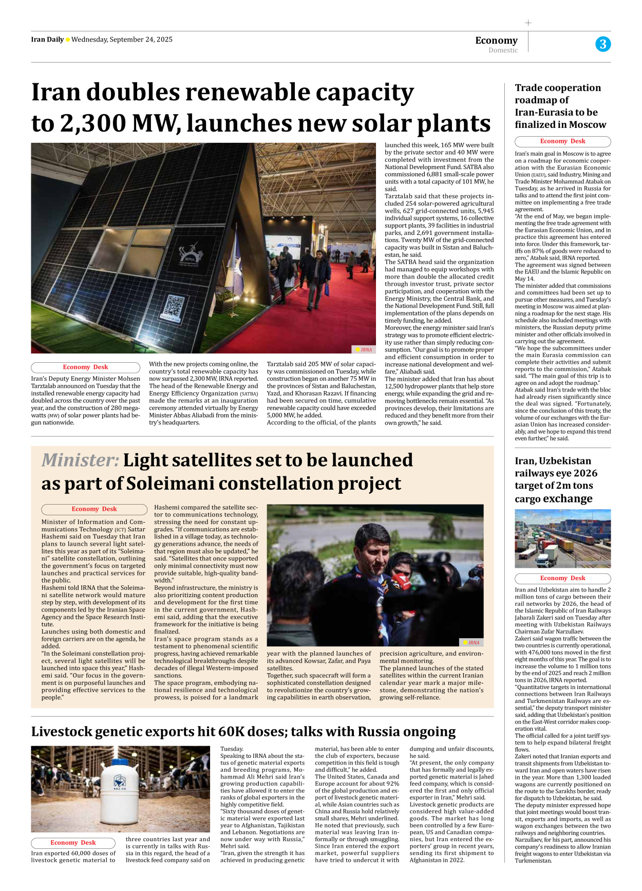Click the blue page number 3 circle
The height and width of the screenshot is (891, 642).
[x=603, y=44]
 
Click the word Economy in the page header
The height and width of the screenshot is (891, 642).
[x=496, y=40]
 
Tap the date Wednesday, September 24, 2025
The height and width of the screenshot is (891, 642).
[x=122, y=40]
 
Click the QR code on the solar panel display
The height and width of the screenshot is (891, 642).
[x=174, y=307]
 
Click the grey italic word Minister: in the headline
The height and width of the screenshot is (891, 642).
[x=80, y=460]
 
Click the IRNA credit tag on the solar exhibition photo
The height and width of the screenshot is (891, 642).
[x=364, y=349]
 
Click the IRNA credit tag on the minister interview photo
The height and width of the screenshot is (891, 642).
[x=471, y=642]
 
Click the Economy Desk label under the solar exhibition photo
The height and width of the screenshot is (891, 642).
[x=85, y=367]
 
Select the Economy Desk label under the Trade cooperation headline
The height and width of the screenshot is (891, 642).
[x=562, y=141]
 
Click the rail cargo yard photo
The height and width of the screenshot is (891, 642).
[x=562, y=538]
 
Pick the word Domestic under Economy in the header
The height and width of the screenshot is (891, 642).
[x=503, y=50]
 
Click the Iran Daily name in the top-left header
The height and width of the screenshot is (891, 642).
[x=47, y=40]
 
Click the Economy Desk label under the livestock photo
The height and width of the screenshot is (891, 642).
[x=73, y=843]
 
